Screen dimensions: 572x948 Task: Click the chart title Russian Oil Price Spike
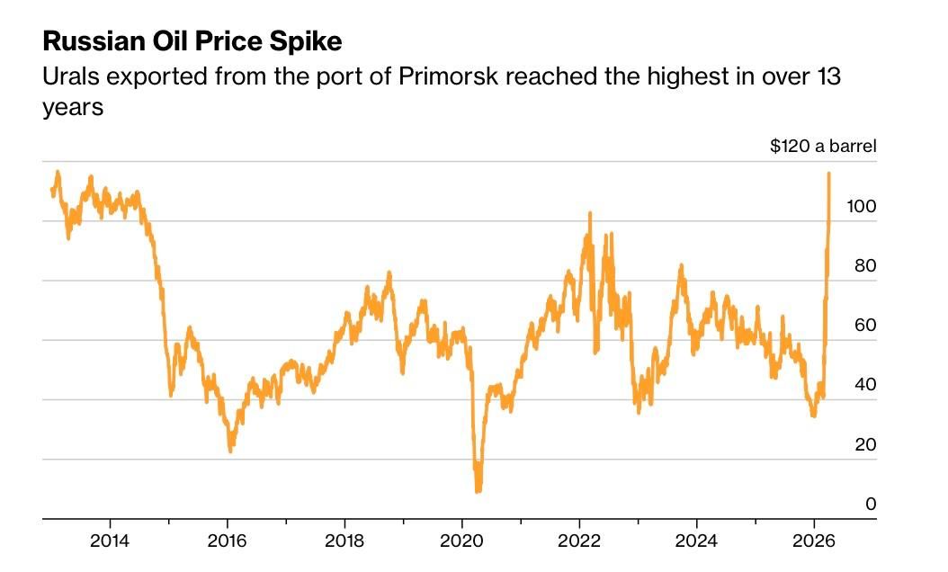point(192,41)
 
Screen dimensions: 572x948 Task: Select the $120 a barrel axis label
point(823,146)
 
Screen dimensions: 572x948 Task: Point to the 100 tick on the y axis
point(862,206)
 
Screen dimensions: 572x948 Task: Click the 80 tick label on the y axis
point(864,265)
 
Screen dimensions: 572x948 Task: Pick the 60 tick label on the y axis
point(864,325)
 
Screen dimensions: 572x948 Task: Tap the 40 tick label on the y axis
point(864,384)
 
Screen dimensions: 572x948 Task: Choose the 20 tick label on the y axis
point(864,444)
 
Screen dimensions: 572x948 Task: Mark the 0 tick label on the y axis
point(870,504)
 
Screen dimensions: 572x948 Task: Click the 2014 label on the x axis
point(110,541)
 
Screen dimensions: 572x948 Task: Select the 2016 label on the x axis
point(228,541)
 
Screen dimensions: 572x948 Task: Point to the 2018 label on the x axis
point(344,541)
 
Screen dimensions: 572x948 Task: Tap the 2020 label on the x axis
point(461,541)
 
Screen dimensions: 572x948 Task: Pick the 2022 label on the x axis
point(579,541)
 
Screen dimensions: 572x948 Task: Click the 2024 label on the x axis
point(696,541)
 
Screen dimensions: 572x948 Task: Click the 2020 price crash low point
point(478,490)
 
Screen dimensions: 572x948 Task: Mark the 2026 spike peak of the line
point(828,173)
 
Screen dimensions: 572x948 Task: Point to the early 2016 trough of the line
point(230,450)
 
